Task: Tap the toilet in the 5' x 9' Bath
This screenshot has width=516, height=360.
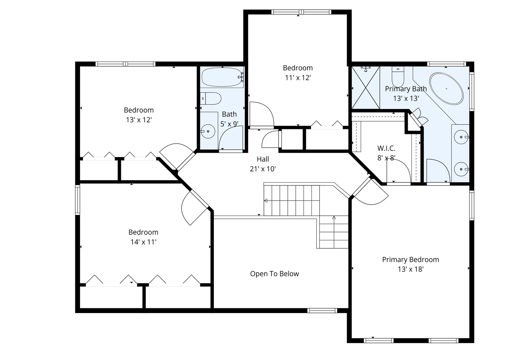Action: point(211,99)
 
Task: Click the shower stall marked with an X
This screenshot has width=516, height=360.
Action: point(366,88)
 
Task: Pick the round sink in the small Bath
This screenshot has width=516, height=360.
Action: point(208,131)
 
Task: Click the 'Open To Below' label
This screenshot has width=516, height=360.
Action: point(274,274)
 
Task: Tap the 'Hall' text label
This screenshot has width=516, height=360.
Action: point(263,159)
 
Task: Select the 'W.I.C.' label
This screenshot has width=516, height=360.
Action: point(386,148)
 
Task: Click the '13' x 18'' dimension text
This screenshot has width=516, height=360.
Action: point(410,269)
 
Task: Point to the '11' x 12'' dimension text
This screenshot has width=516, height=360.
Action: point(298,78)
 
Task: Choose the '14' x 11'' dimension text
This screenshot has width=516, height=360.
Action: point(143,242)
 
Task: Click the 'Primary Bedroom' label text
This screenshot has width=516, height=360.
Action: point(410,259)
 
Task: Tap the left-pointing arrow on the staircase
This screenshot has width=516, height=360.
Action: point(266,201)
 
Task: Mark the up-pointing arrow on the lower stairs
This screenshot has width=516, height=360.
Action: point(334,218)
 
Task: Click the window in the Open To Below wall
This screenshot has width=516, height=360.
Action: point(322,310)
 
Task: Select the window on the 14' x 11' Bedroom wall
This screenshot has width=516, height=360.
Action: point(78,200)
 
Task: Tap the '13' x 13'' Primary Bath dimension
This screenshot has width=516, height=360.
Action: point(406,98)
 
